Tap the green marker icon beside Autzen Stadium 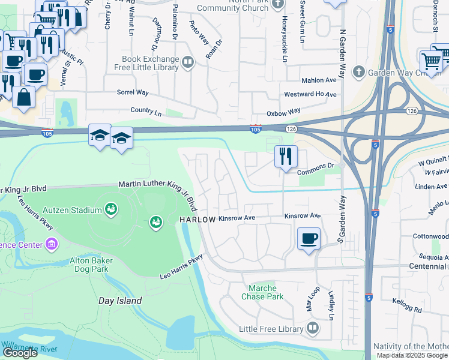click(110, 209)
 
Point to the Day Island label click(121, 301)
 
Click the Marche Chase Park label click(262, 292)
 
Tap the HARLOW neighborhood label click(197, 220)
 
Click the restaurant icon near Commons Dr click(286, 156)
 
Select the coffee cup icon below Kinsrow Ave click(309, 238)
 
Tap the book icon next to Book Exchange click(188, 62)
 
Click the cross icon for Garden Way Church click(358, 73)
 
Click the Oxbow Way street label click(283, 112)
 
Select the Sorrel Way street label click(133, 93)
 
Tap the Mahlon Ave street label click(319, 80)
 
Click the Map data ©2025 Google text click(412, 355)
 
